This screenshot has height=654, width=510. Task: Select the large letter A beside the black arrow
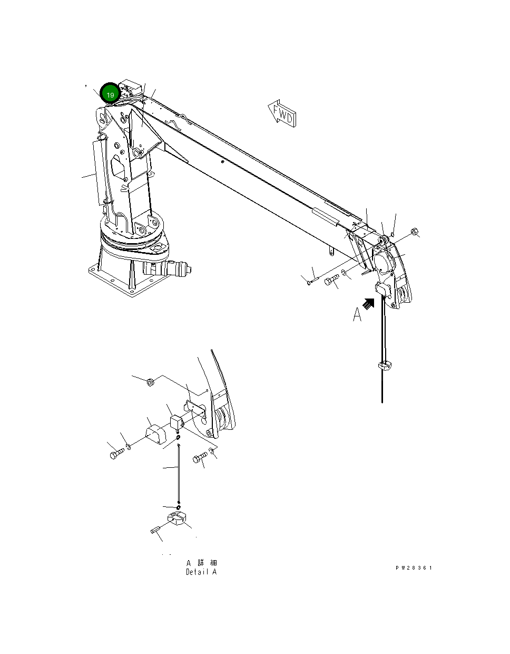point(357,315)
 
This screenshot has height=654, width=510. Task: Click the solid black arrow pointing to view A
point(368,303)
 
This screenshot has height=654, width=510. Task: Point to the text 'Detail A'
point(201,572)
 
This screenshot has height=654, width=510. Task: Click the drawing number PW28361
point(414,568)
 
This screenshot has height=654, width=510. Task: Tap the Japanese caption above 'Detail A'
point(201,563)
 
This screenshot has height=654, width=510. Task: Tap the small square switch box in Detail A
point(176,422)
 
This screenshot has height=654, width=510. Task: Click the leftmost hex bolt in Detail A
point(116,453)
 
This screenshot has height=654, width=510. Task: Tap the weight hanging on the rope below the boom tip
point(385,364)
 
